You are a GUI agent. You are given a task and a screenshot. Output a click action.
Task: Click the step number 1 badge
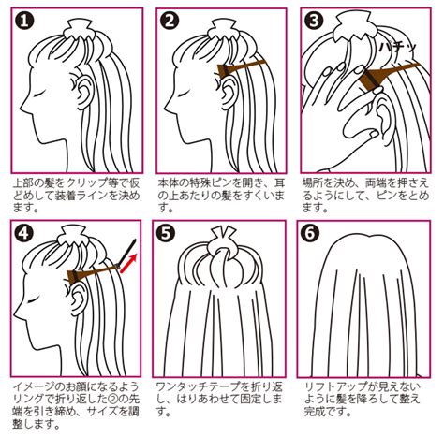tap(23, 22)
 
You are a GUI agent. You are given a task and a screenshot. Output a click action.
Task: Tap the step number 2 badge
tap(170, 22)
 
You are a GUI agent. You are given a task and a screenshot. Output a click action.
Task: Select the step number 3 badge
tap(314, 21)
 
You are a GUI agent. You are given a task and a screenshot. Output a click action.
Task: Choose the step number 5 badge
tap(166, 233)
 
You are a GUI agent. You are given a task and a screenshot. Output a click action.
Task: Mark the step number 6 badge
tap(310, 233)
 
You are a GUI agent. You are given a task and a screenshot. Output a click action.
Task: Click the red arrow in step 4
tap(128, 263)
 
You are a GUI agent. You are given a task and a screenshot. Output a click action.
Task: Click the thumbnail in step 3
tap(373, 135)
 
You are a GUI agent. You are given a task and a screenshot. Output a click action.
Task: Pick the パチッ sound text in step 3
tap(398, 49)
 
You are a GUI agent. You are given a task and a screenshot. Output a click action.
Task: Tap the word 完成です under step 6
tap(328, 412)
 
